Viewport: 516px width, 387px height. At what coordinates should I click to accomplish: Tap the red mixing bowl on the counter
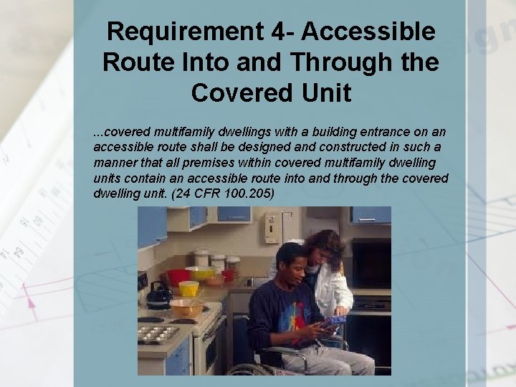[x=178, y=276]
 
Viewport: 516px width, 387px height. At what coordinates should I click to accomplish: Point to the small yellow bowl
[x=188, y=288]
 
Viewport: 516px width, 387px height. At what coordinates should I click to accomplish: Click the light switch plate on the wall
[x=272, y=228]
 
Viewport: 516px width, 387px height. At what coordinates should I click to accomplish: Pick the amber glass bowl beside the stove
[x=186, y=308]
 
